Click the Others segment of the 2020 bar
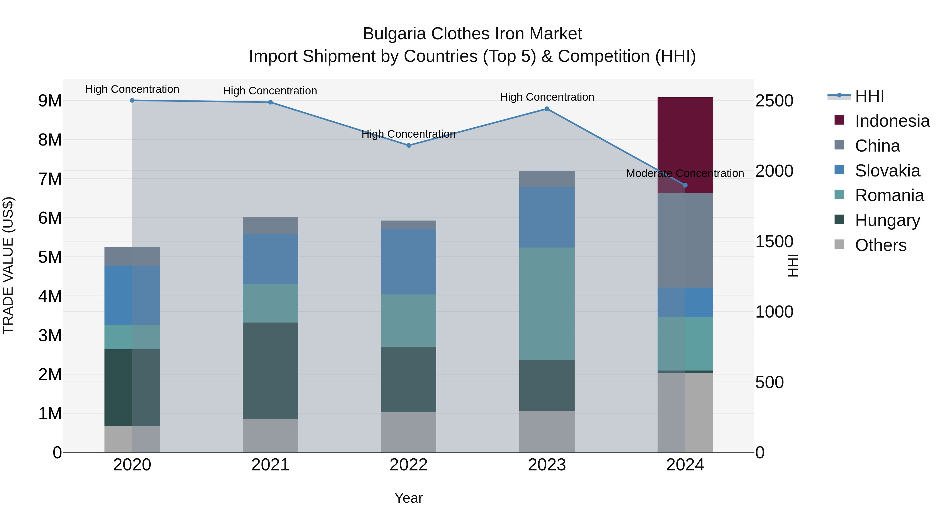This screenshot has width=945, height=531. click(x=132, y=439)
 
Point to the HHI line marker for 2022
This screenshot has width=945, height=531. click(x=409, y=146)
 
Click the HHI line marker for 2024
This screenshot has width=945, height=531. click(x=685, y=185)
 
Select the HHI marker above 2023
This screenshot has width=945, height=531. click(x=547, y=109)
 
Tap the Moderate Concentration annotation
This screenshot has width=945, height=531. click(x=685, y=173)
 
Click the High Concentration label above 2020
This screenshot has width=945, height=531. click(x=132, y=89)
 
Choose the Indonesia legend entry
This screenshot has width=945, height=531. click(x=892, y=121)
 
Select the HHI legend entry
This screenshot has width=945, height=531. click(x=869, y=96)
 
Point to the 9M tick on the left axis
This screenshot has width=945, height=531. click(x=50, y=100)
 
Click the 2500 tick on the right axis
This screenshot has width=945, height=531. click(x=774, y=100)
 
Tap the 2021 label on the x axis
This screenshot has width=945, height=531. click(x=270, y=465)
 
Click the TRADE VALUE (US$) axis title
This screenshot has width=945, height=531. click(x=8, y=265)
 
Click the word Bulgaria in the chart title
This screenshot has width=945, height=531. click(x=394, y=34)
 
